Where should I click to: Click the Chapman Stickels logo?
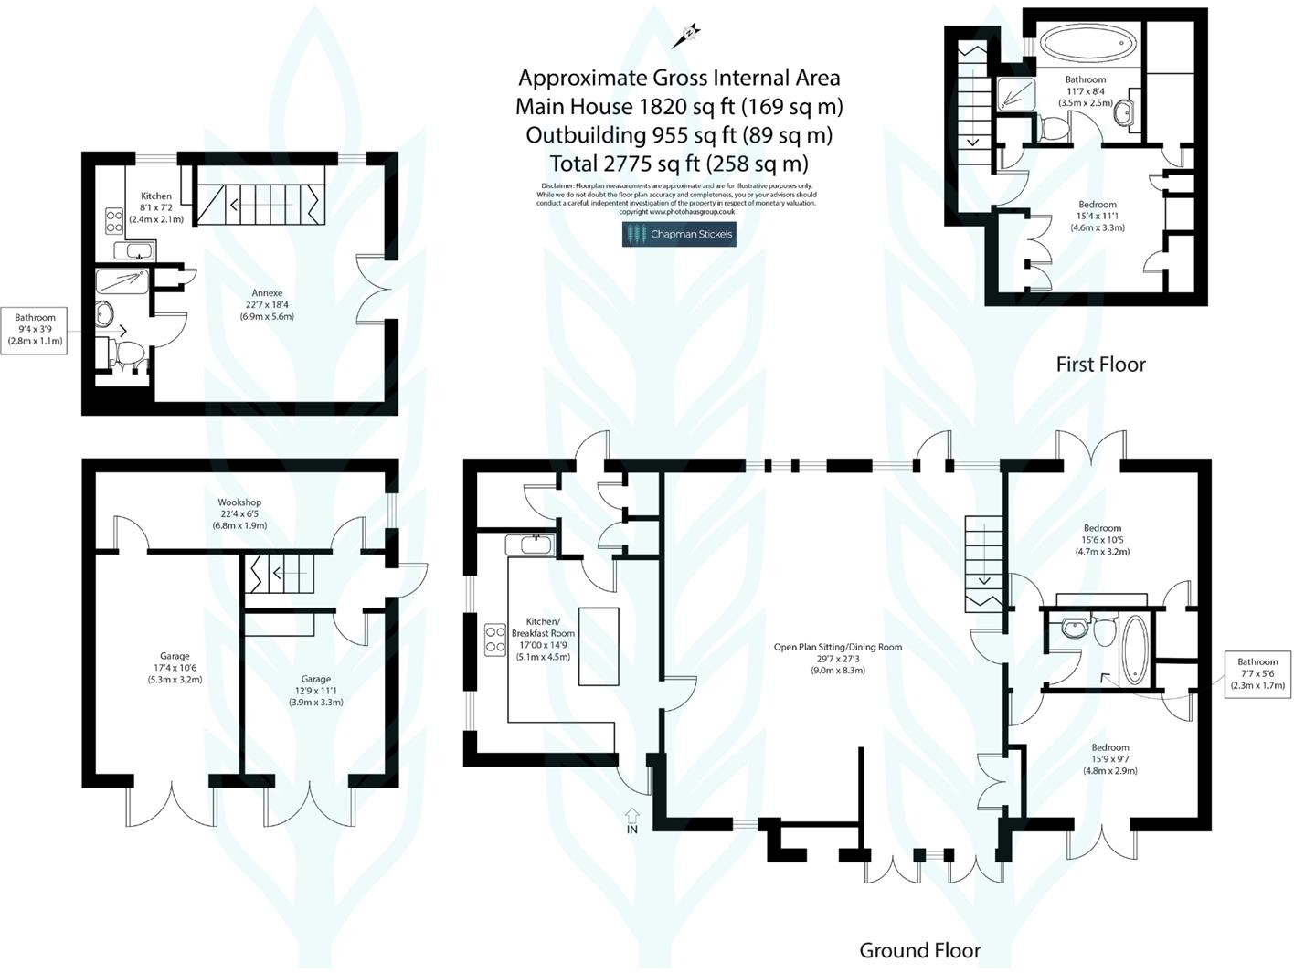click(678, 234)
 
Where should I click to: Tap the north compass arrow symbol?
click(686, 37)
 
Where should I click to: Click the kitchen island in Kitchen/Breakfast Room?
click(599, 646)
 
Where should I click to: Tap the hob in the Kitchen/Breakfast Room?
click(494, 639)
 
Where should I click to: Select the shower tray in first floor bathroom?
click(1016, 92)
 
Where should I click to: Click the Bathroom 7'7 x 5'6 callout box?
click(1257, 674)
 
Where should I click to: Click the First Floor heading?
click(1100, 364)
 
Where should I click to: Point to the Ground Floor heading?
click(919, 950)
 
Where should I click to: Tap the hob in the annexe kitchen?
click(115, 220)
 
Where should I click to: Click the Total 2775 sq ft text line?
click(678, 164)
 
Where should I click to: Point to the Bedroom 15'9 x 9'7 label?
click(1109, 758)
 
